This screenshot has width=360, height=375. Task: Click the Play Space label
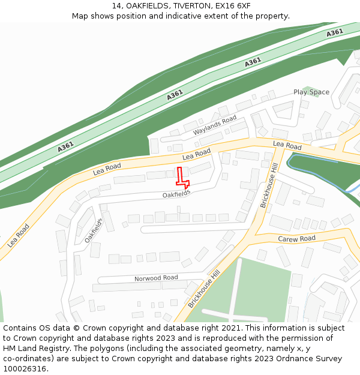point(311,92)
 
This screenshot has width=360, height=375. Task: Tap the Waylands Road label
point(215,126)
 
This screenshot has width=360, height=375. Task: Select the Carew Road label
point(296,239)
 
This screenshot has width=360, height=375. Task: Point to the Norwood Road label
point(156,278)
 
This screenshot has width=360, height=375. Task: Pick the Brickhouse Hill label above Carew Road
point(269,187)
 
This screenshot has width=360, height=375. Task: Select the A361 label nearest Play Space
point(253,62)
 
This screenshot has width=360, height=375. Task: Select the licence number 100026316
point(26,369)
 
